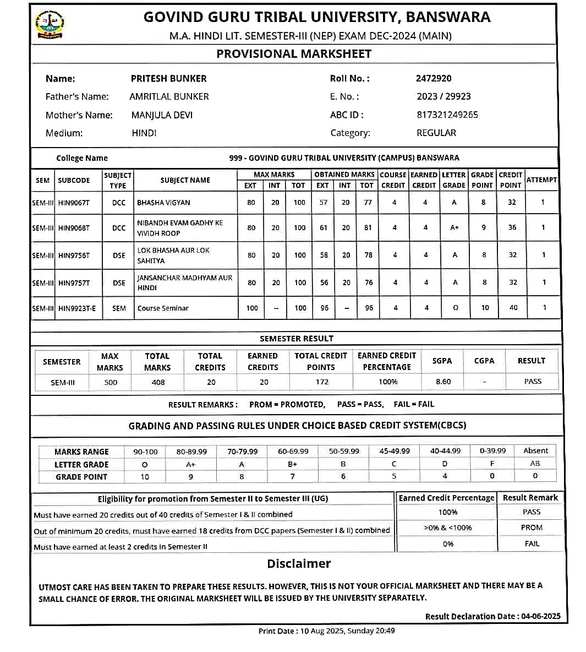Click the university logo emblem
click(x=50, y=25)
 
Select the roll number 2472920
click(x=434, y=78)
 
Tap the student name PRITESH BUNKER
click(x=168, y=79)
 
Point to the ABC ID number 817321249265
click(x=447, y=115)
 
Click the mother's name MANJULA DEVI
click(x=162, y=115)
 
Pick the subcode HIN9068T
click(x=74, y=228)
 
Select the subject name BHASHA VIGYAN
click(x=163, y=203)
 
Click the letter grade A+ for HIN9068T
click(x=454, y=227)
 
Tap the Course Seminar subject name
click(x=163, y=308)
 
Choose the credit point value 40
click(x=513, y=308)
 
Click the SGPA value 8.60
click(x=443, y=382)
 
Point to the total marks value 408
click(x=158, y=382)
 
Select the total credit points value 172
click(x=322, y=382)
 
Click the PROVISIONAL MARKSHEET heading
click(x=294, y=54)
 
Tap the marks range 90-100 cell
click(x=145, y=452)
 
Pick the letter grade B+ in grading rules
click(x=293, y=464)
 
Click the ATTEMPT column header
click(x=541, y=180)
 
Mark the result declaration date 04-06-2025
click(x=541, y=616)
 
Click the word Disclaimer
click(x=299, y=563)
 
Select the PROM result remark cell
click(x=532, y=528)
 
